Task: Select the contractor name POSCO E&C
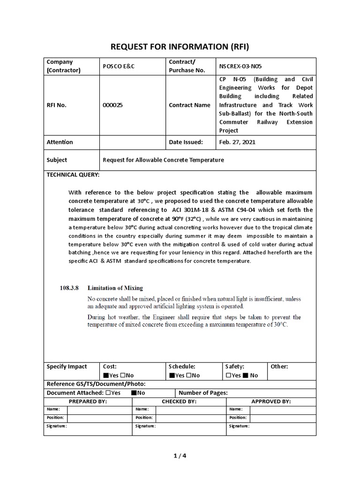[x=118, y=66]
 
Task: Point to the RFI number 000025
[x=112, y=105]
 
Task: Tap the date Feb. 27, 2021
[x=237, y=142]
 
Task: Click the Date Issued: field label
[x=186, y=142]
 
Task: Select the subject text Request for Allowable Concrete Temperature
[x=163, y=160]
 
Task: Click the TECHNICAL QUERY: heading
[x=73, y=174]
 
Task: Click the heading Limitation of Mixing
[x=115, y=288]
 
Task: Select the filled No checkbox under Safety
[x=246, y=375]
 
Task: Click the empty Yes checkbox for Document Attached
[x=108, y=393]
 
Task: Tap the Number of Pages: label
[x=203, y=393]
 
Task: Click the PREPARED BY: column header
[x=88, y=402]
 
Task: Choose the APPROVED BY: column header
[x=271, y=402]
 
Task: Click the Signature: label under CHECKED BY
[x=145, y=426]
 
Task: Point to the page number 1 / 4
[x=180, y=455]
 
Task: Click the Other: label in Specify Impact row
[x=279, y=367]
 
